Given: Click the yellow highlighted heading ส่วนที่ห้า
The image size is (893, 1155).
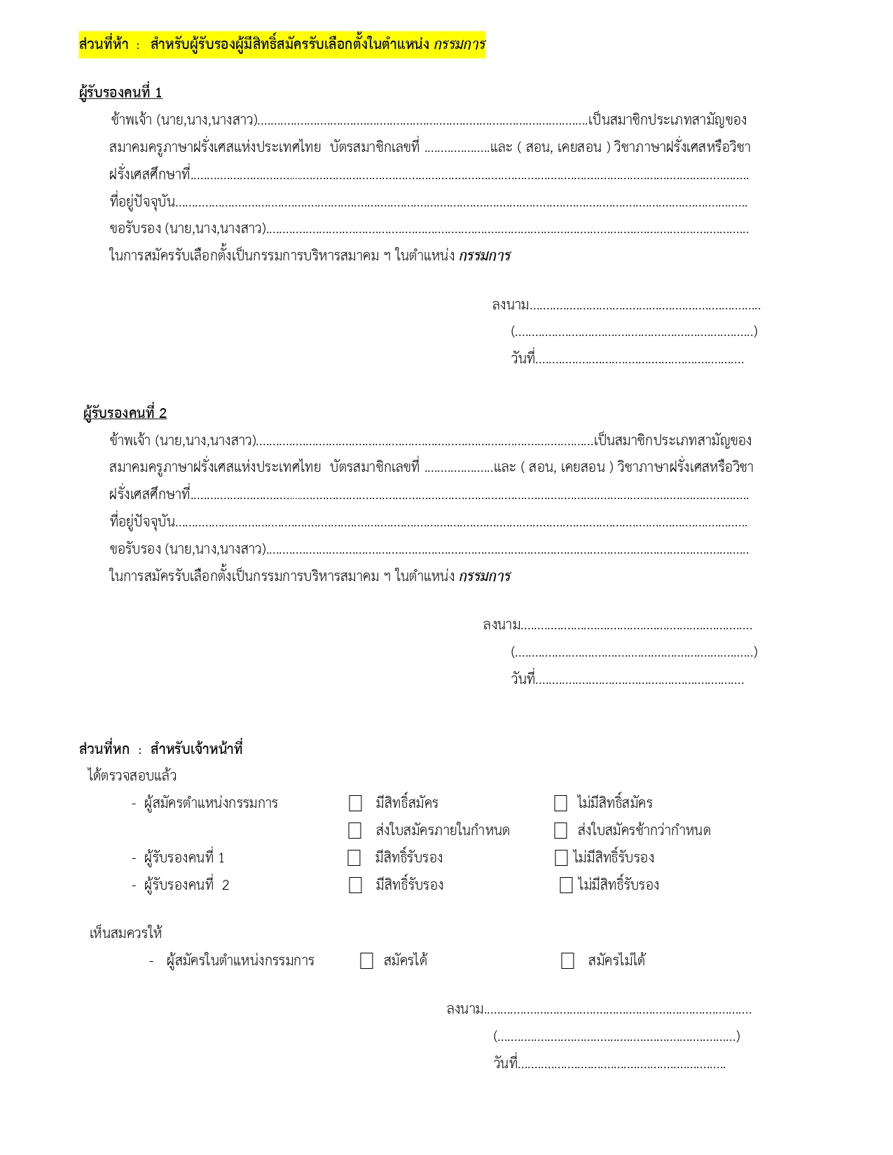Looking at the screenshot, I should [282, 45].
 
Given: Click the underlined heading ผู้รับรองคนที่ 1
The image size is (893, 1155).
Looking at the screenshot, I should [120, 92].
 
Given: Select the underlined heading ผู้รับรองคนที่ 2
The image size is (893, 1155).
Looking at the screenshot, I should [125, 413].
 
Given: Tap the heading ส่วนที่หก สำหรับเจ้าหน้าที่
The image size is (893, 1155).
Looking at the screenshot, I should [160, 749].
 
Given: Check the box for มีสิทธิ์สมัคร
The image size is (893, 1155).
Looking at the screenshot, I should [356, 803].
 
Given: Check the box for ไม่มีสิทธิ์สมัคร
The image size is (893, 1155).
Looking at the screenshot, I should [560, 803].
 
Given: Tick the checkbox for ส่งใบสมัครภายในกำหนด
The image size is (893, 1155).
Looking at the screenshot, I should [355, 830].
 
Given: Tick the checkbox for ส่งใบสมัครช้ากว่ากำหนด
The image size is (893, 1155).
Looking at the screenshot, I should [560, 830].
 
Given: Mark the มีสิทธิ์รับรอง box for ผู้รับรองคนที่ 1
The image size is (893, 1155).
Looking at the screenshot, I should [354, 857].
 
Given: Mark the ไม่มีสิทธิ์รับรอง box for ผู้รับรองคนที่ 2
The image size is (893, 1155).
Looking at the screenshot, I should [566, 885].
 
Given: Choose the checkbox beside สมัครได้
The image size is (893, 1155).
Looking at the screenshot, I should [366, 960].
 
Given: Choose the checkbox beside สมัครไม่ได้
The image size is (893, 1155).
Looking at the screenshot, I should [567, 960].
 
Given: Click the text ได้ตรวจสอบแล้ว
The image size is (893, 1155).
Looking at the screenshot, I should [132, 776].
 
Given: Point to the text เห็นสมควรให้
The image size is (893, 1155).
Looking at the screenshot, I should [126, 933].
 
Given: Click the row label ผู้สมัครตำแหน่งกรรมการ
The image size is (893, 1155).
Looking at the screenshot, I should [211, 803].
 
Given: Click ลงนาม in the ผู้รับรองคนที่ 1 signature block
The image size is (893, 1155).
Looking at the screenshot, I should [510, 305].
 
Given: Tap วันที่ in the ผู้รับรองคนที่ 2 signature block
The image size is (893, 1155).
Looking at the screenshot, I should [522, 679].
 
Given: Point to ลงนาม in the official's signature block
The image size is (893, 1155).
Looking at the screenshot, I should [464, 1009].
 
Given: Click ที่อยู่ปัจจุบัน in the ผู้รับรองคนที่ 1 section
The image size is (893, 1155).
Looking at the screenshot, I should [142, 202].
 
